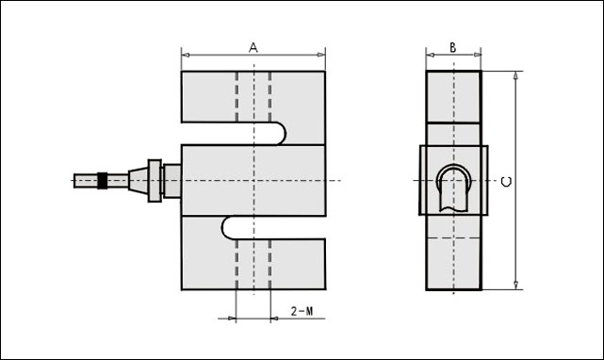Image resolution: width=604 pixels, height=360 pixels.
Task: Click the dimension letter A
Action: click(x=253, y=47)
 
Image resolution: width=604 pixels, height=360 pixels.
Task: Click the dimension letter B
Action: click(x=453, y=47)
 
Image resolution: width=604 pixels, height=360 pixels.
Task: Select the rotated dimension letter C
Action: click(x=507, y=182)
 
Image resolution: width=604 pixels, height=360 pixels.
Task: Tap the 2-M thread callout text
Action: click(x=302, y=311)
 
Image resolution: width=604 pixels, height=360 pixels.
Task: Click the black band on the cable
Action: click(x=102, y=180)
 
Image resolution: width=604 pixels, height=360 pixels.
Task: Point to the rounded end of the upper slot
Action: click(x=282, y=134)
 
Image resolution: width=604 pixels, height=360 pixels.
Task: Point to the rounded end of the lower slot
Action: click(x=226, y=227)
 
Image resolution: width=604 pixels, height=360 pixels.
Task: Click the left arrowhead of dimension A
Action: click(x=186, y=55)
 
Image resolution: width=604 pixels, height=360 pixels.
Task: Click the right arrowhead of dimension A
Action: click(x=321, y=55)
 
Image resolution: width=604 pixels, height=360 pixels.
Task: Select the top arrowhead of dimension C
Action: click(x=516, y=75)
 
